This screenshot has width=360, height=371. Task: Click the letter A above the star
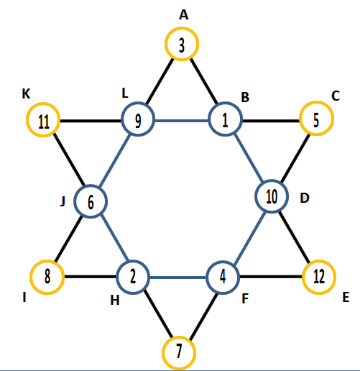tap(184, 15)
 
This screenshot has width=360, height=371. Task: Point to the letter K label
tap(26, 93)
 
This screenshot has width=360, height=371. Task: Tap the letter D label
tap(305, 198)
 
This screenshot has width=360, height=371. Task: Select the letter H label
tap(115, 300)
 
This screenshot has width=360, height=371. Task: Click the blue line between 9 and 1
tap(182, 121)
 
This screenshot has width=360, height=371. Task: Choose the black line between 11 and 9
tap(91, 121)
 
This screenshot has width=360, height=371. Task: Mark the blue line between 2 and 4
tap(178, 278)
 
